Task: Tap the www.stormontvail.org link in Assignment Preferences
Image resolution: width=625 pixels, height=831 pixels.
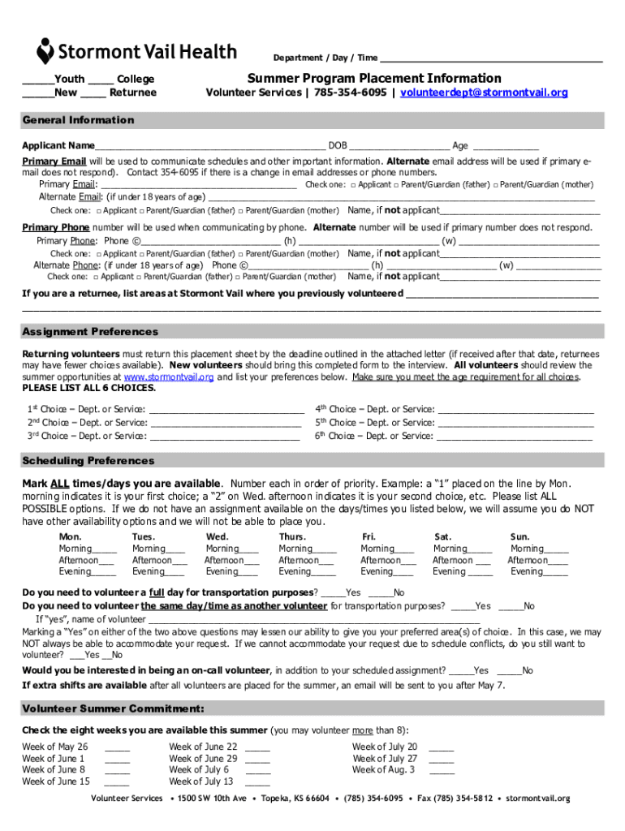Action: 169,377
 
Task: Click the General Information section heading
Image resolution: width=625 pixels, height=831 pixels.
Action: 78,120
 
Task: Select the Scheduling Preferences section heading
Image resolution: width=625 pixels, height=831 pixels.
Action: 88,461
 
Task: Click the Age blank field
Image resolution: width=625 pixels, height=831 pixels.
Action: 505,147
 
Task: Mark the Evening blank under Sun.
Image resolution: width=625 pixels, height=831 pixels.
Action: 555,573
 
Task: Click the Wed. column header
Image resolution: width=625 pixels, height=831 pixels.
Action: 218,536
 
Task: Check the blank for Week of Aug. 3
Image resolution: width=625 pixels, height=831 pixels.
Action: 441,772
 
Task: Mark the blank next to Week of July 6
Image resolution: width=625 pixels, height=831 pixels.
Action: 257,772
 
